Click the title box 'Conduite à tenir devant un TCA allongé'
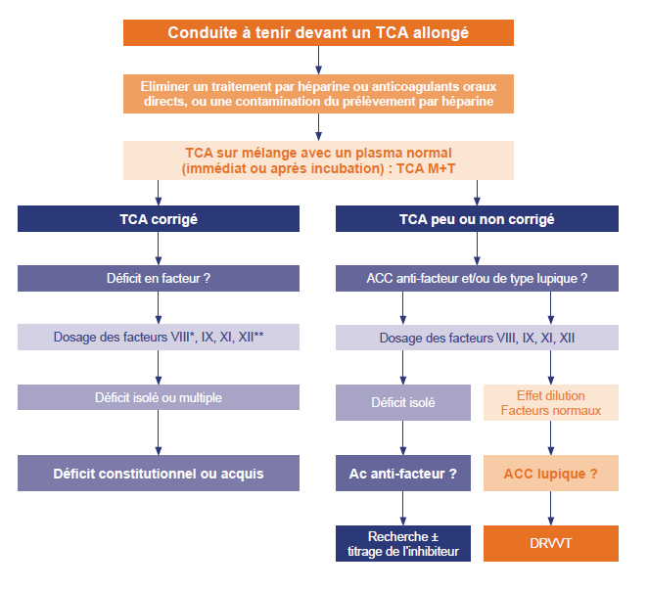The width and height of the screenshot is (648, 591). pos(318,32)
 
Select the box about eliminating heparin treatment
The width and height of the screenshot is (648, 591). pos(318,94)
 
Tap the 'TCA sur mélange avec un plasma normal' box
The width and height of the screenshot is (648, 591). pos(318,160)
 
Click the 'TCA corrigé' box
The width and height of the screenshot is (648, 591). pos(159,218)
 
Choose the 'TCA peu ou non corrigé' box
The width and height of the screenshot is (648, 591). pos(477,218)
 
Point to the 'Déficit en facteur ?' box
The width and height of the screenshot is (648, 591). pos(159,278)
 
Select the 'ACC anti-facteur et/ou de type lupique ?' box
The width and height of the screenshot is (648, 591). pos(477,278)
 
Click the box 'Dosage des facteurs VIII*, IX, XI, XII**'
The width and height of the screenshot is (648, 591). pos(159,337)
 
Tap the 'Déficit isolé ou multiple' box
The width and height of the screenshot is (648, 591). pos(159,397)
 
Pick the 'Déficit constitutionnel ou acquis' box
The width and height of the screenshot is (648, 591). pos(159,473)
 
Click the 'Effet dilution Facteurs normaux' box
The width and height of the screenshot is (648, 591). pos(551,403)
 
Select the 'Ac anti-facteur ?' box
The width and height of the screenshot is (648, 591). pos(403,473)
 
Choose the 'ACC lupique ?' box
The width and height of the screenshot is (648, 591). pos(551,473)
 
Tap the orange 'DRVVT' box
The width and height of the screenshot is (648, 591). pos(551,543)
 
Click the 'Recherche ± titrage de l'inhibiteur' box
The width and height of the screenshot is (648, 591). pos(403,543)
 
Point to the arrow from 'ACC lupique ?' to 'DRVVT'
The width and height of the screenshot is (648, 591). pos(550,508)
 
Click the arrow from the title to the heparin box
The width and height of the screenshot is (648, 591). pos(318,60)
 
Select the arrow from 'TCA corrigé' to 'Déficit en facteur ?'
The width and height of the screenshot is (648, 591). pos(159,249)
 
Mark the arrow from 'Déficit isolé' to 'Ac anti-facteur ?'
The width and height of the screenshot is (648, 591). pos(403,437)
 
